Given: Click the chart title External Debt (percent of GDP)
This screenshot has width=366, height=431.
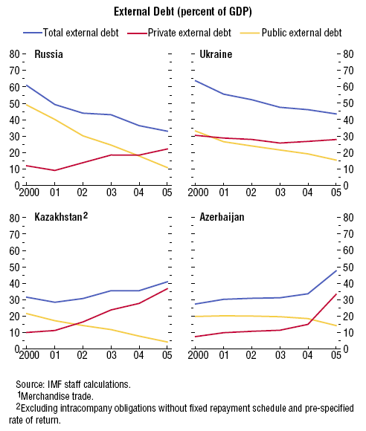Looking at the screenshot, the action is tap(183, 12).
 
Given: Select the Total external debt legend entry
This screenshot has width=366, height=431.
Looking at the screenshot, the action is tap(71, 33).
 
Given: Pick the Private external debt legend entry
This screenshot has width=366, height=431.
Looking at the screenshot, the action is tap(179, 33).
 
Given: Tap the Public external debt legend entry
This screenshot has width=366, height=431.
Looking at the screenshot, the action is tap(291, 33).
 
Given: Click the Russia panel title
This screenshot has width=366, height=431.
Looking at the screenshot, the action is tap(48, 54).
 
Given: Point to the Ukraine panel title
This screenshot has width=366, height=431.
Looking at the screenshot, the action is tap(216, 54).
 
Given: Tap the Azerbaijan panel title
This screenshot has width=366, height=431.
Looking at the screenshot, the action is tap(222, 217).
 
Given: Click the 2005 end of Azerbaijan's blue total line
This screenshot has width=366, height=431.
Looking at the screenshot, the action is tap(336, 270).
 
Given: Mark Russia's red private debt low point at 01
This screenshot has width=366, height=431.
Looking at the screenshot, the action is tap(55, 170).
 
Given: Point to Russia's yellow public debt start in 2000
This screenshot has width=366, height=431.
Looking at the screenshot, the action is tap(26, 104).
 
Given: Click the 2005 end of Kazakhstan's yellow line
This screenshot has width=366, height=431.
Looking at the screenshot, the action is tap(167, 343).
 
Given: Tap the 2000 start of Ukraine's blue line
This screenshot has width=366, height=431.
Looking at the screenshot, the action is tap(195, 80).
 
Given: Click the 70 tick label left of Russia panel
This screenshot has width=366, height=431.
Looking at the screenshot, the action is tap(14, 71).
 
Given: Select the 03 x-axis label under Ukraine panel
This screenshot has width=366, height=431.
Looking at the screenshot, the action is tap(280, 192).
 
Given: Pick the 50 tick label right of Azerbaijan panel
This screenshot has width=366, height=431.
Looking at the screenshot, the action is tap(348, 267).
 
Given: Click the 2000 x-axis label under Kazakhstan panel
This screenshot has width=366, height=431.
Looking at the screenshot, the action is tap(29, 355).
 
